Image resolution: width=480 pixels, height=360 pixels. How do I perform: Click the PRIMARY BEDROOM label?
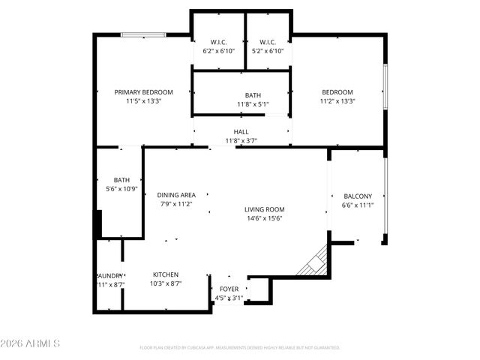143,92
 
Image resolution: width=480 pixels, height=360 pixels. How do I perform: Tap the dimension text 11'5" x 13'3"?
143,100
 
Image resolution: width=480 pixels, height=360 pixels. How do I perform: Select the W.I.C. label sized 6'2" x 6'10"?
219,42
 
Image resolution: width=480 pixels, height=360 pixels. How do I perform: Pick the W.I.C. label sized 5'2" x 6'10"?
268,42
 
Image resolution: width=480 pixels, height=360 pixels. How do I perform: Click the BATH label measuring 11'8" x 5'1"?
253,95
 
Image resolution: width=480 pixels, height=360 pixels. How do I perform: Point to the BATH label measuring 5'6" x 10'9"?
121,180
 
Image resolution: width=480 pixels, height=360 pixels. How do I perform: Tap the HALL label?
241,132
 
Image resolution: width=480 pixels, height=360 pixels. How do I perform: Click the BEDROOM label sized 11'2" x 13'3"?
337,92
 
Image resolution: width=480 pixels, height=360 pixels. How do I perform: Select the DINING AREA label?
176,195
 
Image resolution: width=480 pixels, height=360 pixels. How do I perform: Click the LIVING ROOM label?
264,209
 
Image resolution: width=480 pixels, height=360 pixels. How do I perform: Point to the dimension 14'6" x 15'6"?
264,218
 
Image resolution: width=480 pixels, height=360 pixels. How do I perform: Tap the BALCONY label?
357,196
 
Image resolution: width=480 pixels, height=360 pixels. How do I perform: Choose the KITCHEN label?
166,274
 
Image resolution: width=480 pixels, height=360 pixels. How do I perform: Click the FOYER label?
228,289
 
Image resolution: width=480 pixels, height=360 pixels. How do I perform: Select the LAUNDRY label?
109,275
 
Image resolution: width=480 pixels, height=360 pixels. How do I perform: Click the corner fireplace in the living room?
313,261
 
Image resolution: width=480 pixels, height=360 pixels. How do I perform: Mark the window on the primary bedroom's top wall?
144,34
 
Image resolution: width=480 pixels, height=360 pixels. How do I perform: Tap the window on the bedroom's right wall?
385,86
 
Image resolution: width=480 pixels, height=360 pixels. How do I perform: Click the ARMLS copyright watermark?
30,343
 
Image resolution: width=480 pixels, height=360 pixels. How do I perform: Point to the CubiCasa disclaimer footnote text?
240,348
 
